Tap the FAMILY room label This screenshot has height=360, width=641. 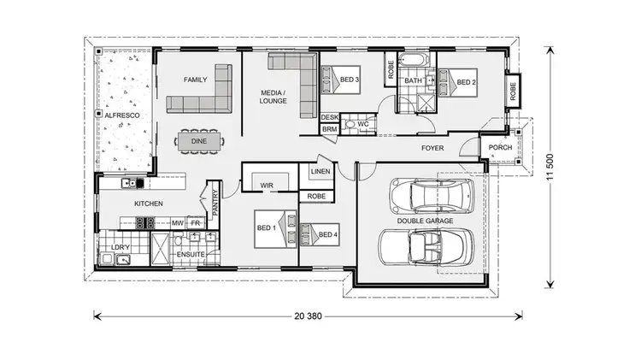point(196,80)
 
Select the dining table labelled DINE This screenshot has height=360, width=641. point(198,140)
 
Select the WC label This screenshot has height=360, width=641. point(362,124)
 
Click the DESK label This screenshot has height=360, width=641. point(329,117)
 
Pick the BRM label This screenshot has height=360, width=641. point(329,129)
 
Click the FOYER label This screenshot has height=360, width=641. point(432,148)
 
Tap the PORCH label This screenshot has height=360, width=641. point(500,148)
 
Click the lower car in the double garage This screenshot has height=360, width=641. point(424,249)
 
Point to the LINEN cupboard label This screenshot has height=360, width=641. point(320,173)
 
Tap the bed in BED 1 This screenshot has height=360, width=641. point(272,228)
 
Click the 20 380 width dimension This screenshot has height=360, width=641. point(309,316)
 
